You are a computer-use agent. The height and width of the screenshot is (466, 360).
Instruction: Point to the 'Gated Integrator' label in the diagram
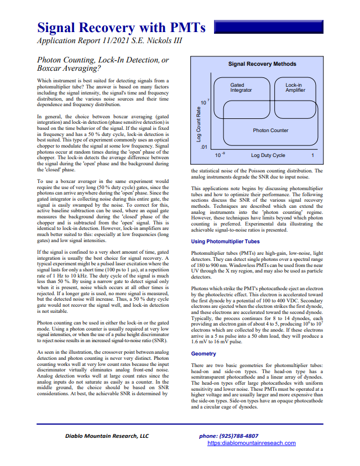[x=241, y=87]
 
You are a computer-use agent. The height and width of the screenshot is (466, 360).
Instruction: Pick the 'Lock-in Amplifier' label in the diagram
[x=295, y=87]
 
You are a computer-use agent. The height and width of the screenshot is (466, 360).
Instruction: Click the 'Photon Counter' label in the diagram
[x=270, y=130]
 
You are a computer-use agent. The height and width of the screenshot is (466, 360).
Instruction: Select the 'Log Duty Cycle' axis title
[x=268, y=156]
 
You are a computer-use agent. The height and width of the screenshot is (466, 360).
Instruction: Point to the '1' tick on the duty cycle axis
[x=312, y=156]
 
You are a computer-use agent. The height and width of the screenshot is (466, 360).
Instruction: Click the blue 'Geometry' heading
[x=204, y=353]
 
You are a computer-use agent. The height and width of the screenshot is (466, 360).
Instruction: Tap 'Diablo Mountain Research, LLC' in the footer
[x=105, y=436]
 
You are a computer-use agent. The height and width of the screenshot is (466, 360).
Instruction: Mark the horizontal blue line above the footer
[x=180, y=424]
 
